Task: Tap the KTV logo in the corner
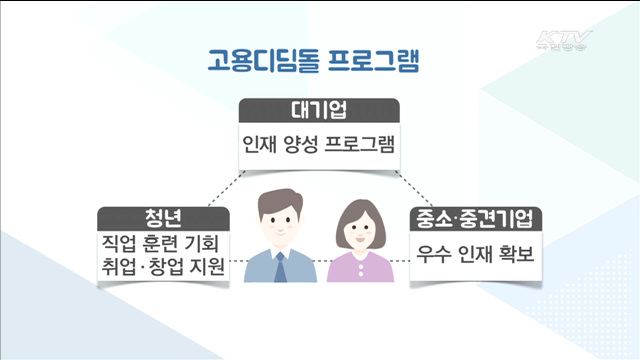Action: click(565, 43)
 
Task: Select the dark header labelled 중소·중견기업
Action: click(476, 219)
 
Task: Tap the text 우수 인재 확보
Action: click(476, 256)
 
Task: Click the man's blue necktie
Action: click(281, 265)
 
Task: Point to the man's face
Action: click(280, 226)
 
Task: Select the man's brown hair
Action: click(279, 195)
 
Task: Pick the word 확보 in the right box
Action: click(516, 256)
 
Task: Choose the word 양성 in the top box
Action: click(307, 143)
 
